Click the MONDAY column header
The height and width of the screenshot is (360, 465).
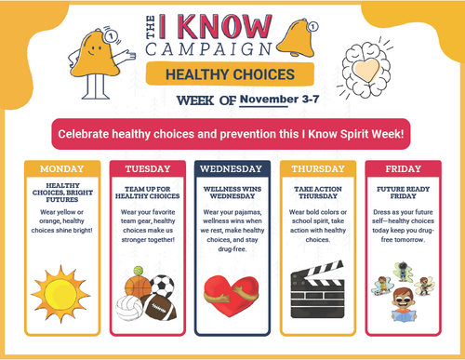pyautogui.click(x=60, y=169)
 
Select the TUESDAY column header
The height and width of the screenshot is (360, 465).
pyautogui.click(x=146, y=169)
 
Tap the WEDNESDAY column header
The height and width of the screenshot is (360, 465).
pyautogui.click(x=232, y=169)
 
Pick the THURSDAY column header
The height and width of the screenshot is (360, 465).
pyautogui.click(x=317, y=169)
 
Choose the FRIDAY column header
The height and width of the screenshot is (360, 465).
pyautogui.click(x=402, y=169)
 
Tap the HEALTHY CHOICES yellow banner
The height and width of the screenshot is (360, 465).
pyautogui.click(x=219, y=73)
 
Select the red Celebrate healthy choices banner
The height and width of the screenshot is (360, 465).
pyautogui.click(x=232, y=134)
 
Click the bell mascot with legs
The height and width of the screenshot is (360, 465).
pyautogui.click(x=90, y=60)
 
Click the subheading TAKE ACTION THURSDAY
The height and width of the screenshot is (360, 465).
pyautogui.click(x=317, y=192)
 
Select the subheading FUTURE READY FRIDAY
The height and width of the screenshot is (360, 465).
pyautogui.click(x=402, y=192)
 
